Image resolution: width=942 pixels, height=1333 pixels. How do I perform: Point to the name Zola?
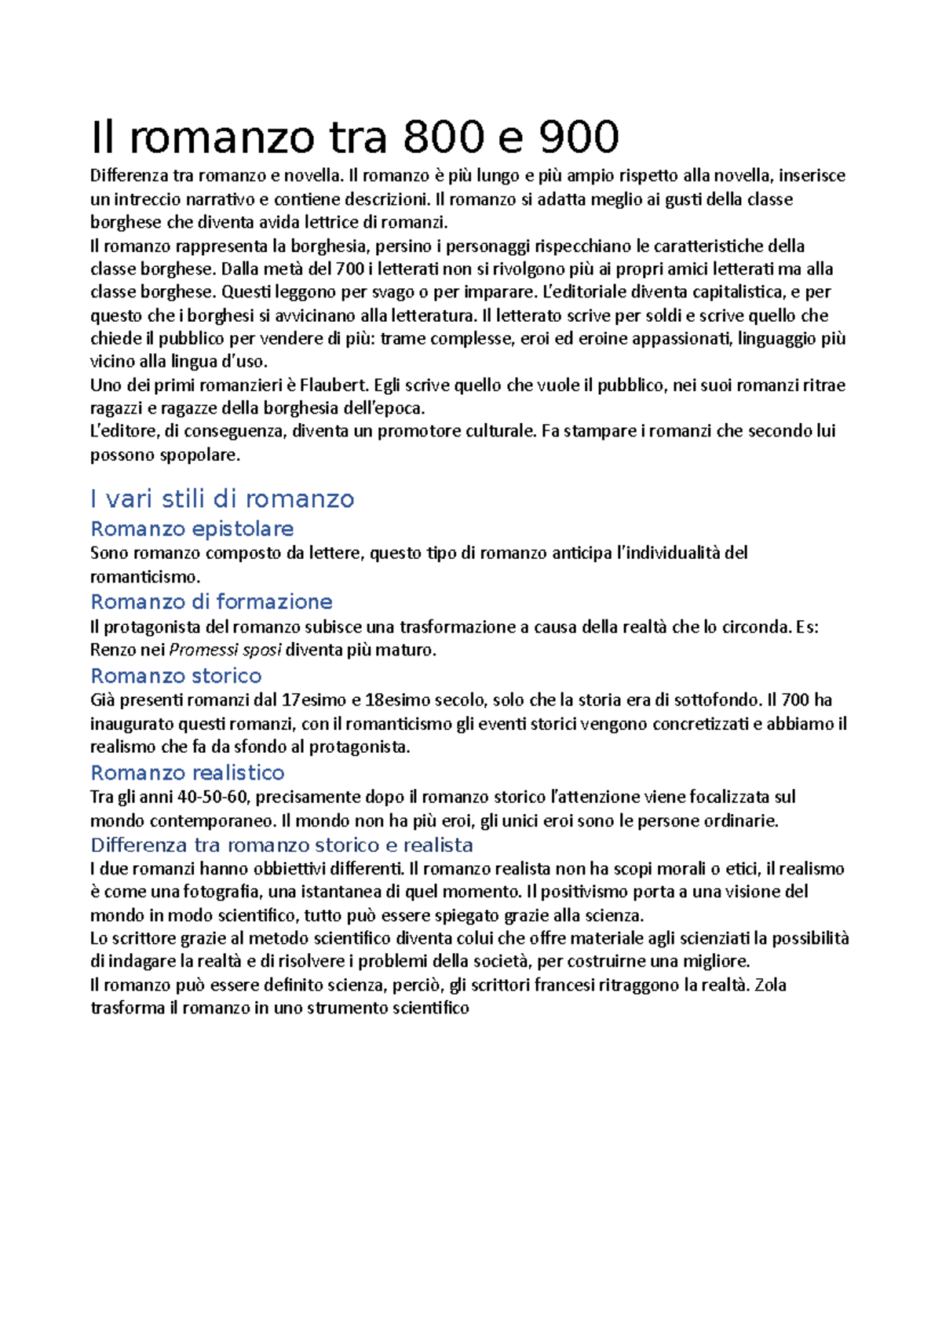point(770,985)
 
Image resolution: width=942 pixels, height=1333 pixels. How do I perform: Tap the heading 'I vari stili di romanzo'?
point(222,499)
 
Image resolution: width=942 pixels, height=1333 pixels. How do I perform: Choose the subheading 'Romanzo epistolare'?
point(192,529)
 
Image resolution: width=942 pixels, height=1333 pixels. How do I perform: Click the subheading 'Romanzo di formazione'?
point(212,602)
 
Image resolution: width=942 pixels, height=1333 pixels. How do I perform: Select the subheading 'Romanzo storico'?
point(176,676)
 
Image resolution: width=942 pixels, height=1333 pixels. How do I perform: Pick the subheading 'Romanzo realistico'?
point(188,773)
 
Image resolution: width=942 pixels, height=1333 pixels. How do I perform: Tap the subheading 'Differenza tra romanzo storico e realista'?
point(282,845)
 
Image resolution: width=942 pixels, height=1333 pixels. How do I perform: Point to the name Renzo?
point(112,650)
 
